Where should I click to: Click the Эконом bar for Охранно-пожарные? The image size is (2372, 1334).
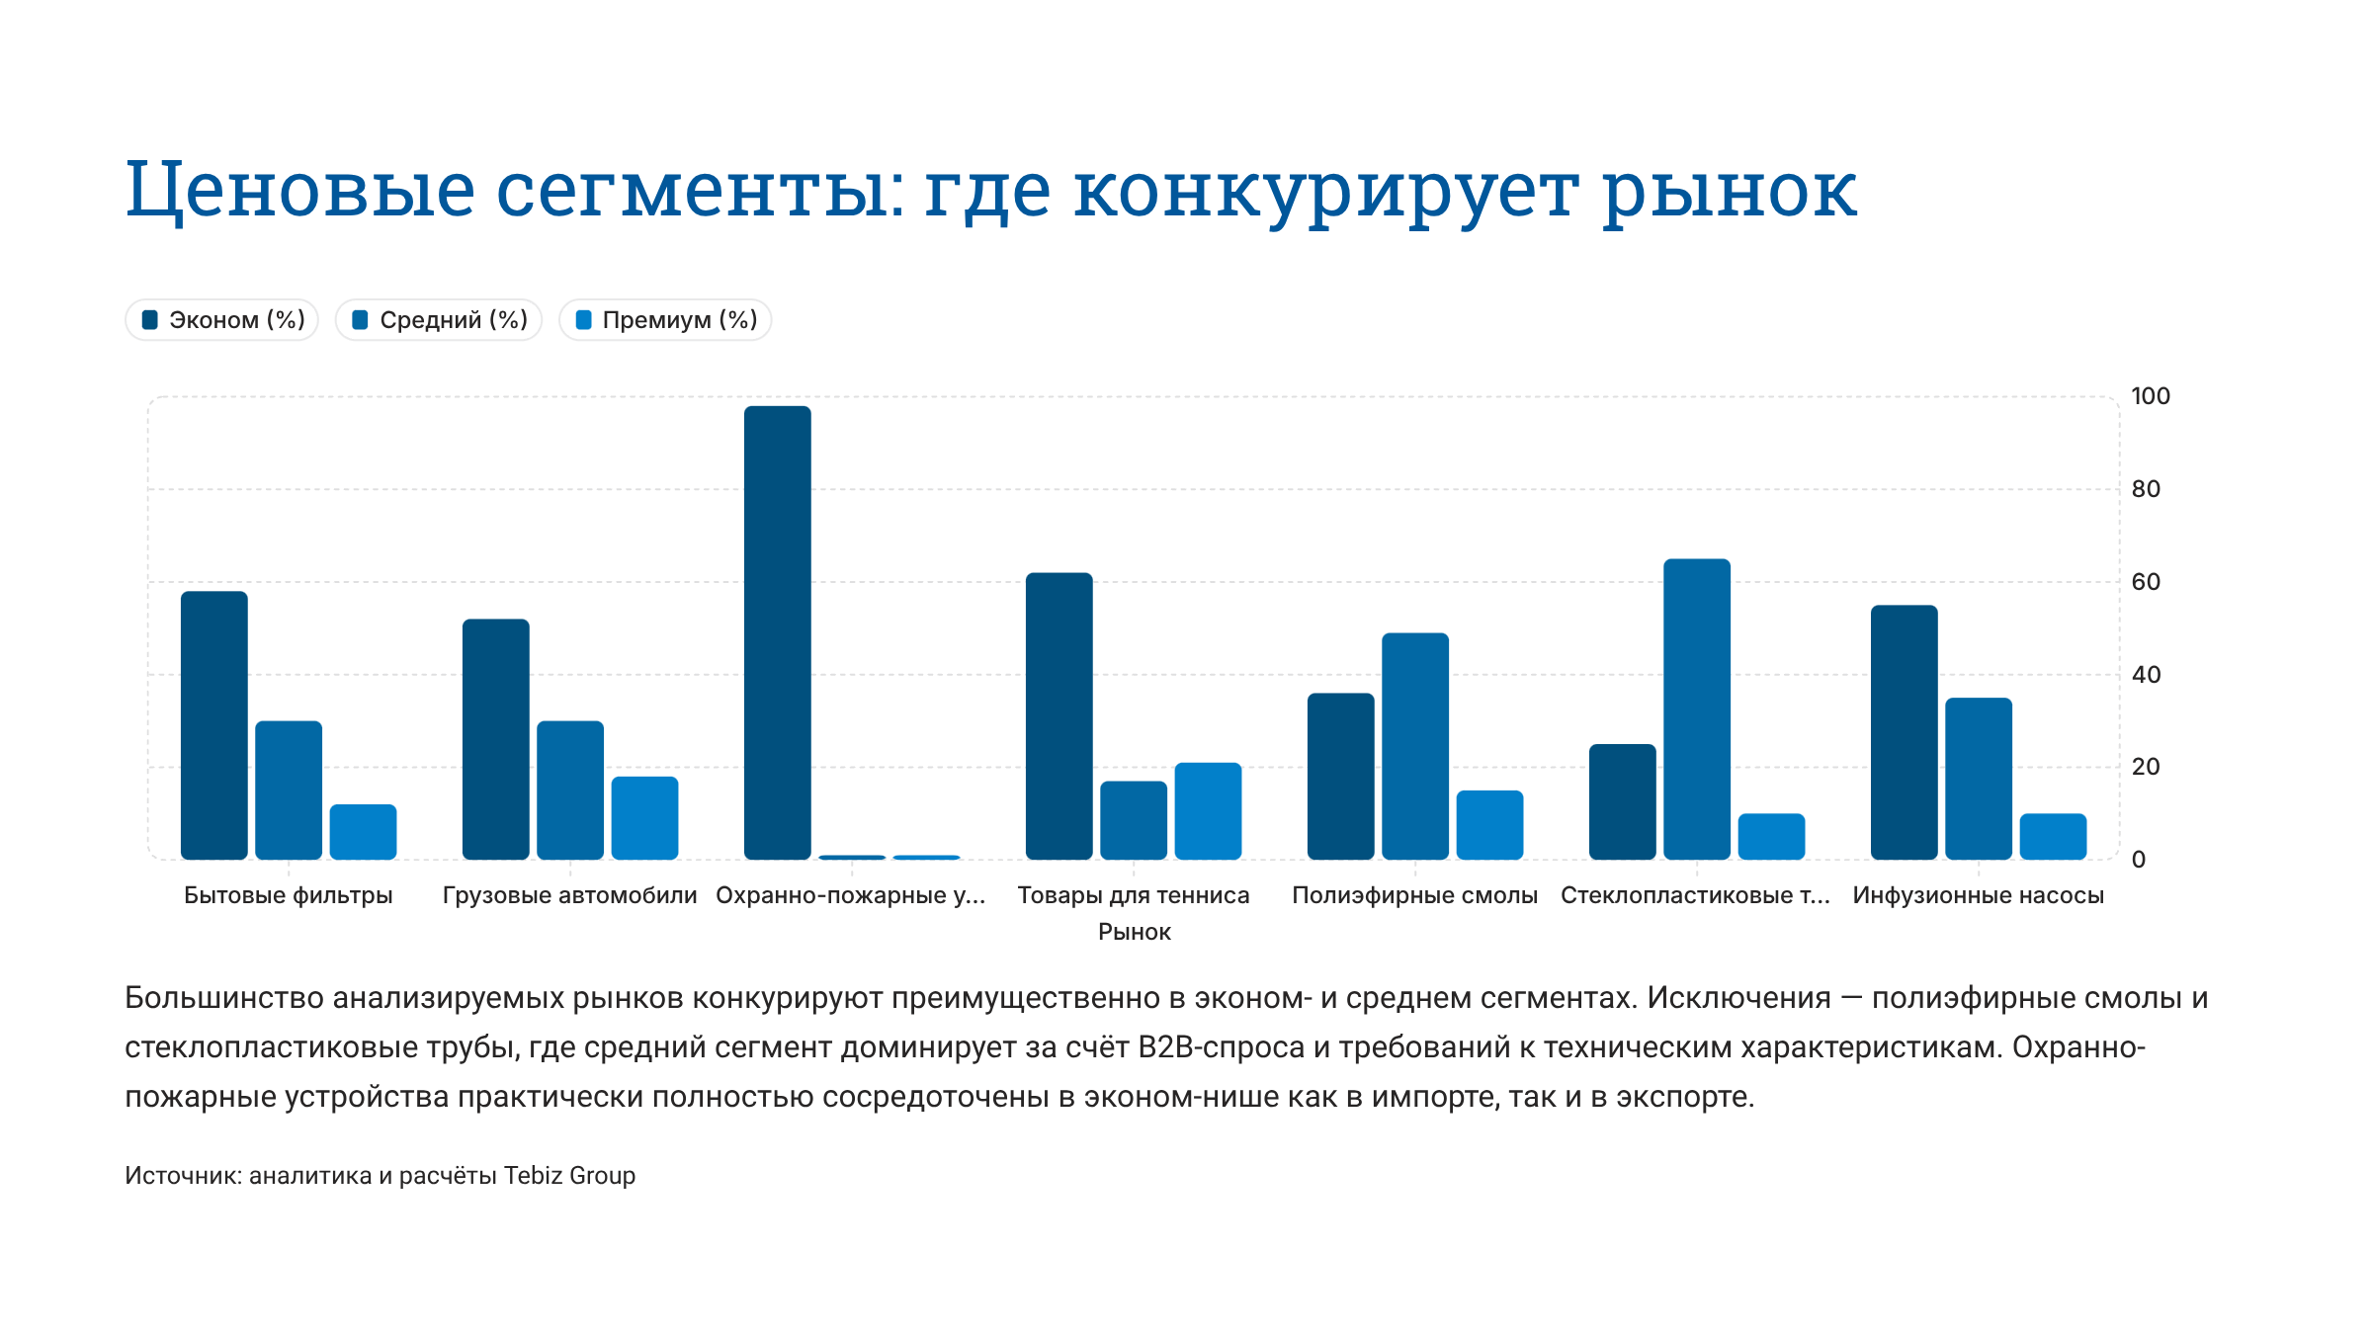(x=777, y=632)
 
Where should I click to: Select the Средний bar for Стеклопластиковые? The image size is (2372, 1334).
(x=1696, y=709)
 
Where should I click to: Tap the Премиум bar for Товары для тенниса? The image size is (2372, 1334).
(x=1208, y=810)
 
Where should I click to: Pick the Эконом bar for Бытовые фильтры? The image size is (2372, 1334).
(x=213, y=725)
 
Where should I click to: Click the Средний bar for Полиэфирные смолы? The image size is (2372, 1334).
(x=1414, y=746)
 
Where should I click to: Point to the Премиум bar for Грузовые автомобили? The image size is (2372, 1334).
(x=644, y=817)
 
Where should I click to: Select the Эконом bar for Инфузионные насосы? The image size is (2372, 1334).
(x=1904, y=732)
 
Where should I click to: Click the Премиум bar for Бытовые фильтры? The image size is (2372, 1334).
(x=363, y=831)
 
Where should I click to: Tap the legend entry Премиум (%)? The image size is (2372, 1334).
(x=665, y=320)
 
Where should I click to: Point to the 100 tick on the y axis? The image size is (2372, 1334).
(x=2150, y=396)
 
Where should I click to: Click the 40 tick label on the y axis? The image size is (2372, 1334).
(x=2146, y=675)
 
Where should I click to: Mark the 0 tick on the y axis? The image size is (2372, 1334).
(x=2138, y=860)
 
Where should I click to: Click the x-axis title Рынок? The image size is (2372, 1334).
(x=1134, y=932)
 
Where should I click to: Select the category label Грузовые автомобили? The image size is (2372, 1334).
(x=569, y=895)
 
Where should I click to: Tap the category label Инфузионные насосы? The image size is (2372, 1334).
(x=1978, y=895)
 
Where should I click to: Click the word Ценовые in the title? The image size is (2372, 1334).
(x=300, y=190)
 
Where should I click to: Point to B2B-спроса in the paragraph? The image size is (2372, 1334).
(x=1221, y=1047)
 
